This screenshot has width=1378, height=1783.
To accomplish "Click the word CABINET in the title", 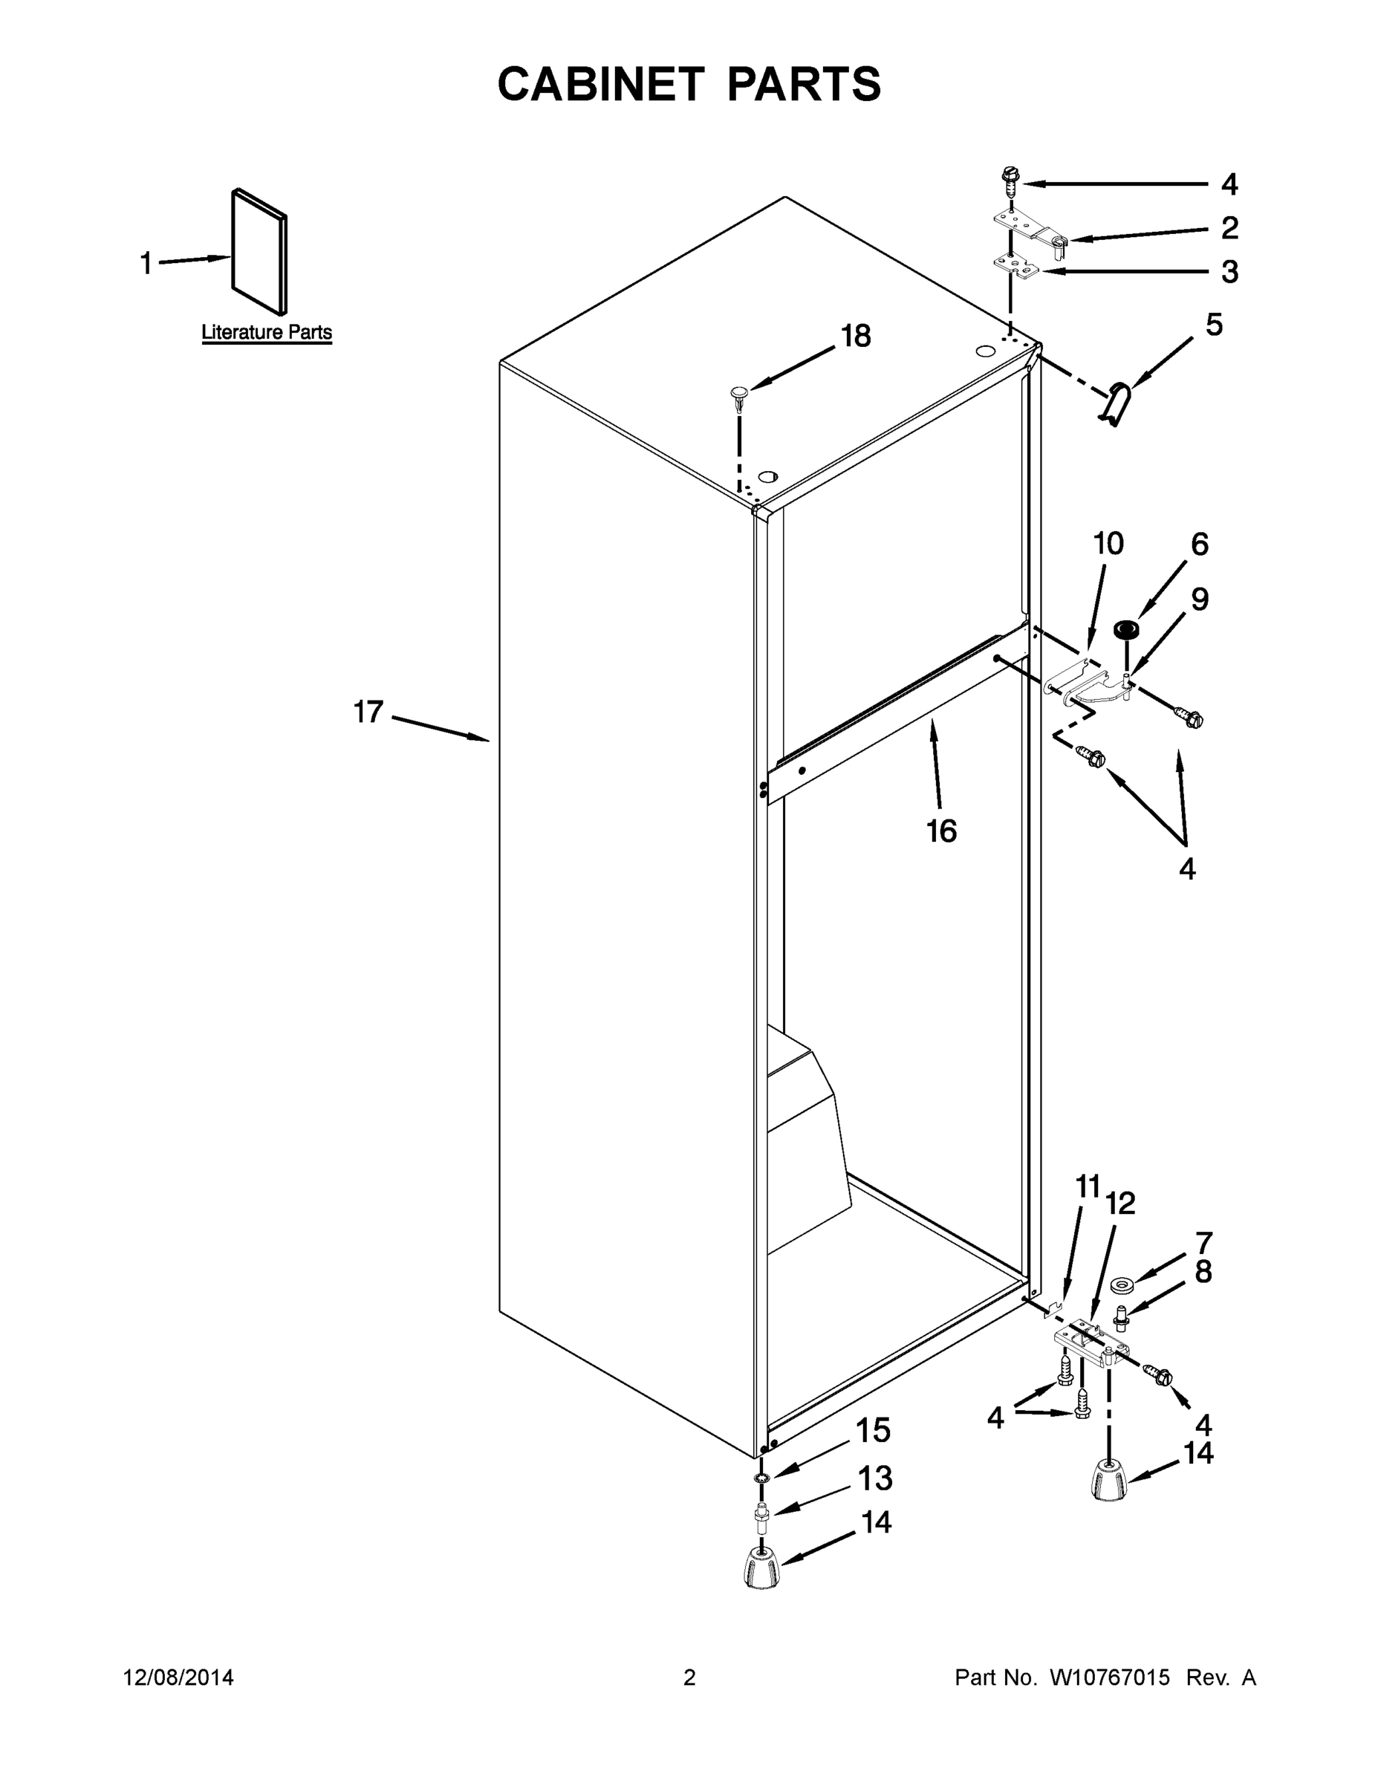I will click(601, 84).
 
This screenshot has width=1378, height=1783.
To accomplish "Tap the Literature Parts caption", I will click(266, 332).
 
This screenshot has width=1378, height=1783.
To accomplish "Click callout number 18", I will click(856, 336).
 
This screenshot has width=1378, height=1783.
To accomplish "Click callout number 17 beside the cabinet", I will click(368, 711).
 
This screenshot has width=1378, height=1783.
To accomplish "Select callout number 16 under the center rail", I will click(940, 831).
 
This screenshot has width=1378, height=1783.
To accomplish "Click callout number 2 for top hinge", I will click(1229, 228).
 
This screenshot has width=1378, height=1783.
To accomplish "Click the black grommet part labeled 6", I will click(1127, 629).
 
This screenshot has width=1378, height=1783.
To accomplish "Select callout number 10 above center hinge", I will click(1108, 543).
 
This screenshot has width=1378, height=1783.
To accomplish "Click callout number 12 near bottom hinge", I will click(1120, 1203).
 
